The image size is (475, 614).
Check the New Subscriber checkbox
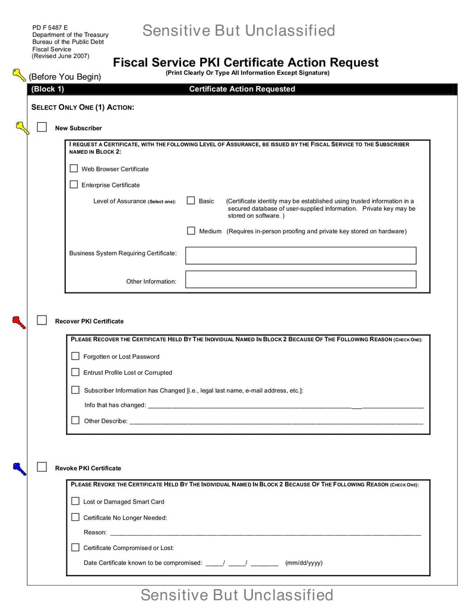[x=42, y=127]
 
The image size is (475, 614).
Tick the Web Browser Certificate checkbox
[x=74, y=168]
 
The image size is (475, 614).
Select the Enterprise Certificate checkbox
[x=74, y=184]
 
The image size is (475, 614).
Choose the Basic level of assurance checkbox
[x=191, y=201]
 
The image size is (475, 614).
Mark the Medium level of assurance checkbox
[x=191, y=231]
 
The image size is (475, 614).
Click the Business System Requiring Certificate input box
[x=300, y=256]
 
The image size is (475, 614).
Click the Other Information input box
[x=300, y=279]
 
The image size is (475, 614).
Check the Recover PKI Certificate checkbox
[x=42, y=320]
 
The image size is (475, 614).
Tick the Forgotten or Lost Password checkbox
[x=75, y=356]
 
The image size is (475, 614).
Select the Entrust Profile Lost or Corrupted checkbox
[x=75, y=372]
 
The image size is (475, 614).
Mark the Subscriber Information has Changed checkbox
[x=75, y=390]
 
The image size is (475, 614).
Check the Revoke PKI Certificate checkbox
[x=42, y=467]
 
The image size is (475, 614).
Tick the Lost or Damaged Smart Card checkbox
[x=75, y=501]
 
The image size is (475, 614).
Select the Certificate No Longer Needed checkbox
[x=75, y=517]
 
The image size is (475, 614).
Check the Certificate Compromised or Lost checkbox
[x=75, y=547]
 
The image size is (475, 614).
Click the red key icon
[x=19, y=322]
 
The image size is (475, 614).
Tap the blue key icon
[x=19, y=469]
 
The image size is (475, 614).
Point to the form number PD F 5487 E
[x=50, y=27]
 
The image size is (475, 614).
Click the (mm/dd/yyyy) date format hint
[x=303, y=562]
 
